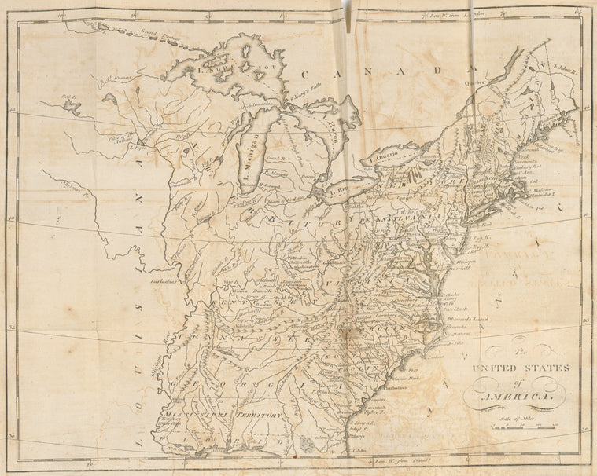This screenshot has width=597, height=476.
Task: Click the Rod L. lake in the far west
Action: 70,103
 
